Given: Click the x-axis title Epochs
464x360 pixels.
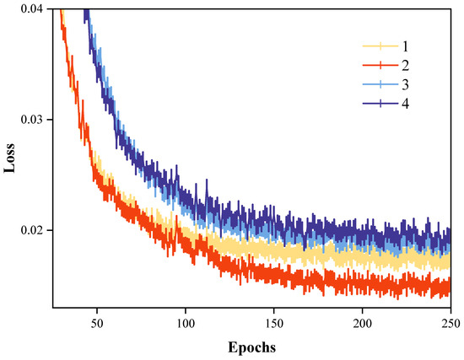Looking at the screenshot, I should (x=251, y=347).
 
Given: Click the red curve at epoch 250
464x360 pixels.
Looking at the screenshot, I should (x=449, y=287).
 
